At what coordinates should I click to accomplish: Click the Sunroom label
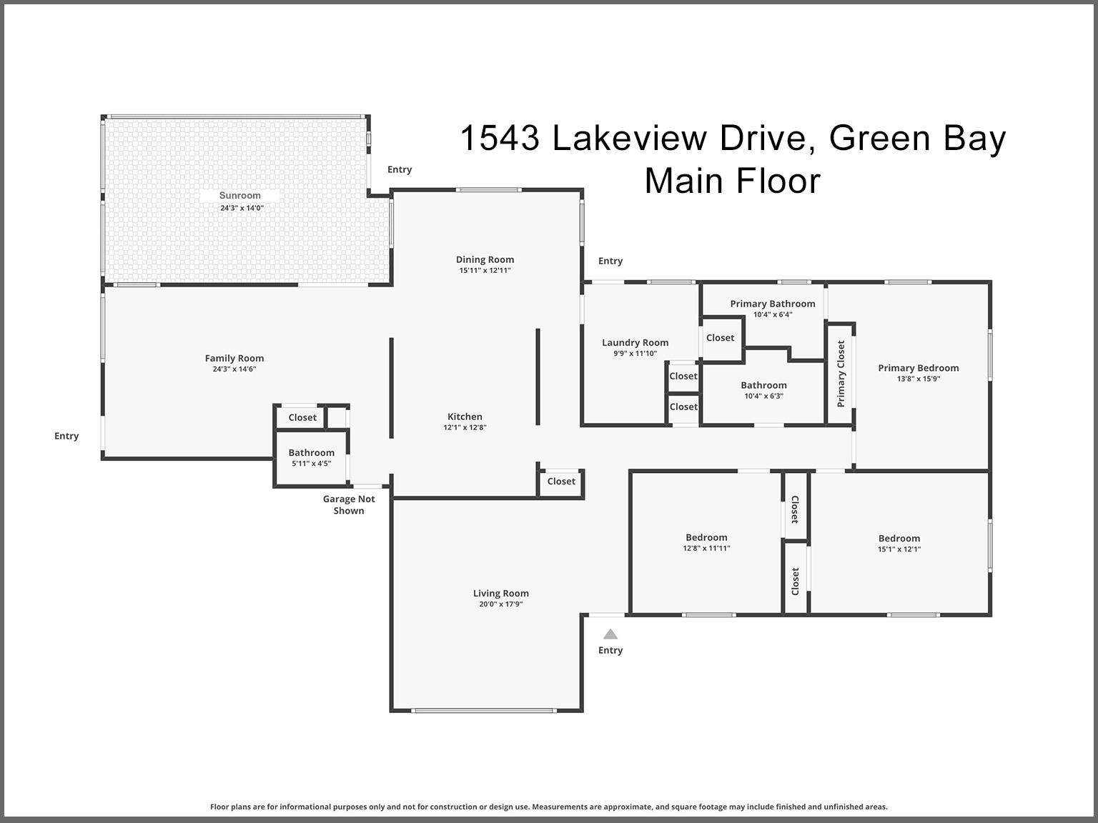[x=239, y=195]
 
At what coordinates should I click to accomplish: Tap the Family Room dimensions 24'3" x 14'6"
[x=234, y=369]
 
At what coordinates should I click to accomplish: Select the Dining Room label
[x=485, y=259]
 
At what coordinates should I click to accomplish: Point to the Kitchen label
[x=465, y=417]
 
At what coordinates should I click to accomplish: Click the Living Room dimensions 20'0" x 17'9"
[x=500, y=604]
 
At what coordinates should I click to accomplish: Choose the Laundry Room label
[x=635, y=342]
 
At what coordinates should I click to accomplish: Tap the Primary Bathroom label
[x=773, y=304]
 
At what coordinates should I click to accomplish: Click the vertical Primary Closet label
[x=841, y=374]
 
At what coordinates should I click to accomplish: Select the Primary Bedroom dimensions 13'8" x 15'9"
[x=919, y=379]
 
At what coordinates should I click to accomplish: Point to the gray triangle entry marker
[x=610, y=634]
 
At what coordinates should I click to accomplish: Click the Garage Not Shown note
[x=349, y=504]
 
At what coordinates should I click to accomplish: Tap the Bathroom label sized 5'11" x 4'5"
[x=311, y=452]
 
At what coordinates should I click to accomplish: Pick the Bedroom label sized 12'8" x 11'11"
[x=706, y=537]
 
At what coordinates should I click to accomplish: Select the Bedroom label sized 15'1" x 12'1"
[x=899, y=538]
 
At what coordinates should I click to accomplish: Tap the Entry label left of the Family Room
[x=66, y=437]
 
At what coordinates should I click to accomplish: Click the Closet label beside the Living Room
[x=561, y=482]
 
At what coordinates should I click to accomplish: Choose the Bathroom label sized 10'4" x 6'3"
[x=764, y=385]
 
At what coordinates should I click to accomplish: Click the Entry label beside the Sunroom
[x=400, y=169]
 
